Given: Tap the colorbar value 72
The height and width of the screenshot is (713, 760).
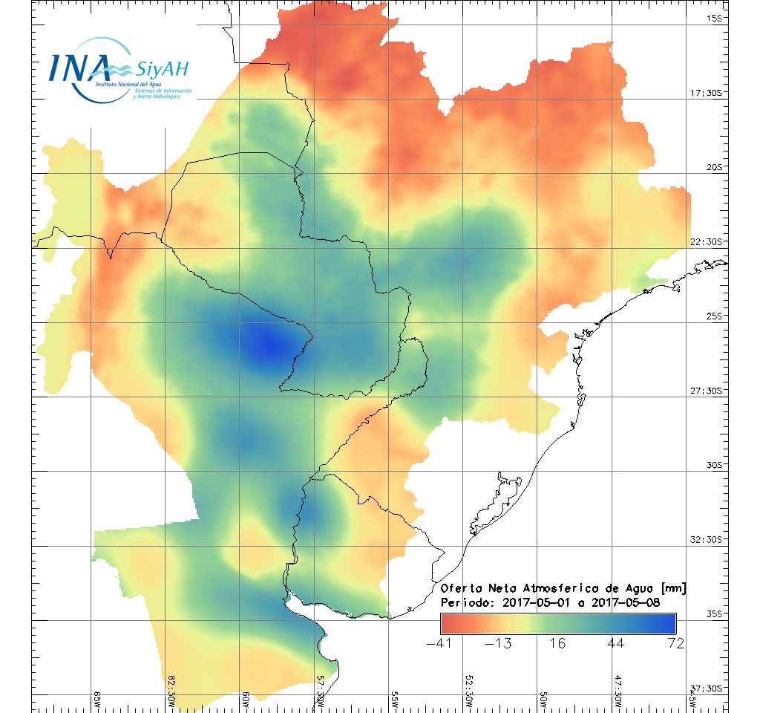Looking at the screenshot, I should (675, 643).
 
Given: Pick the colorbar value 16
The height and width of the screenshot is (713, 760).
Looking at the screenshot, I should (557, 643).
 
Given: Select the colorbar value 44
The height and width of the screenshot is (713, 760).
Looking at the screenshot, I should (616, 643).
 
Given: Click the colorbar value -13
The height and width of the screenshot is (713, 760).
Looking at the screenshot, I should (498, 643).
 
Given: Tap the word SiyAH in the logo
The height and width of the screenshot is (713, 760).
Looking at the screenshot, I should (162, 70).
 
